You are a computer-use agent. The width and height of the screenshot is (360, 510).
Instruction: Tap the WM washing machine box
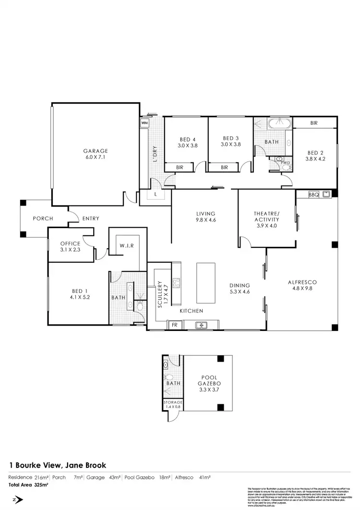coord(144,123)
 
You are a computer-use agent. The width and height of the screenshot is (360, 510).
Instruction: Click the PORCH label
coord(43,219)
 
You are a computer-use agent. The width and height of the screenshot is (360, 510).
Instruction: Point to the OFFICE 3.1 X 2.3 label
coord(70,246)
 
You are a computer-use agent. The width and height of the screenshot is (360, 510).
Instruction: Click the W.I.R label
coord(126,246)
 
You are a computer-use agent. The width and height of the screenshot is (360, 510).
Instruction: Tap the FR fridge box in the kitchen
coord(175,325)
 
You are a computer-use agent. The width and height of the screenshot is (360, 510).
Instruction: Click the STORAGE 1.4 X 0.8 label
coord(172,404)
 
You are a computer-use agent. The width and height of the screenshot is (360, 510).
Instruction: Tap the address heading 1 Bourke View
coord(58,465)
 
